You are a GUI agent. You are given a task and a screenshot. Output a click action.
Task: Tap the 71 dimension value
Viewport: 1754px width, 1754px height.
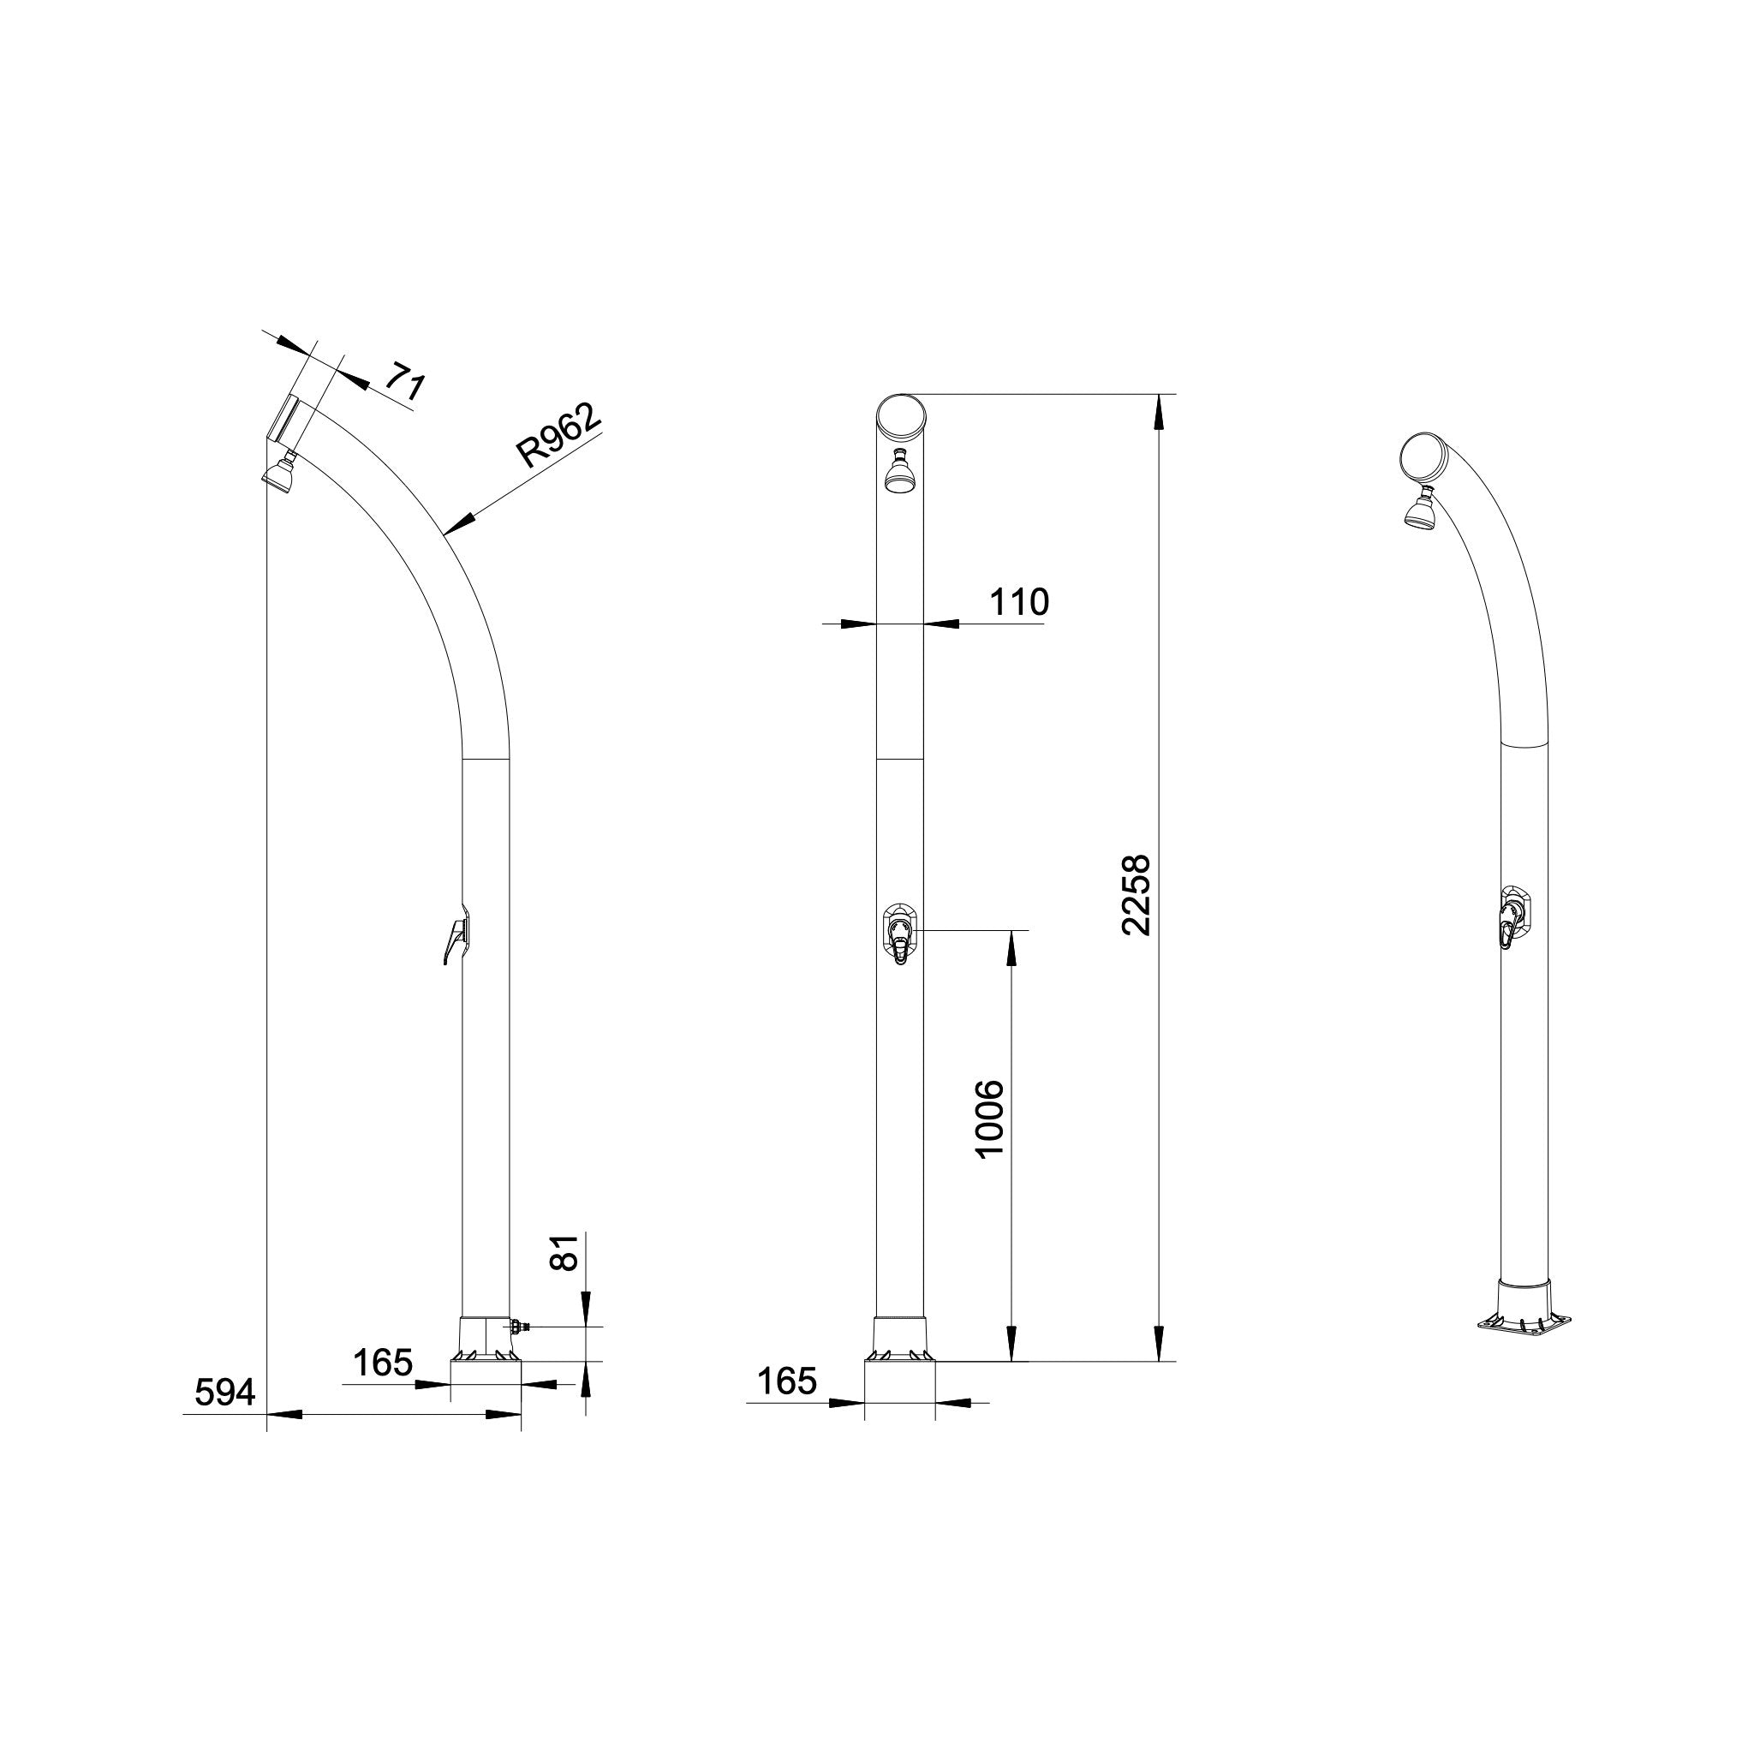(x=404, y=381)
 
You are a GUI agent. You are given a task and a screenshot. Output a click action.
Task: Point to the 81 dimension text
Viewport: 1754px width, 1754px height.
(x=565, y=1253)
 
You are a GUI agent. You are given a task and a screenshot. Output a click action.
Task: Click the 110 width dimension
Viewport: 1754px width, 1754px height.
(x=1018, y=602)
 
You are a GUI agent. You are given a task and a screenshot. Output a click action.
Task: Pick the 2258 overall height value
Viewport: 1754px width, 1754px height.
(x=1136, y=895)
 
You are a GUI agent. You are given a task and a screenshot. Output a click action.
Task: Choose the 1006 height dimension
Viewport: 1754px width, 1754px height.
(x=989, y=1119)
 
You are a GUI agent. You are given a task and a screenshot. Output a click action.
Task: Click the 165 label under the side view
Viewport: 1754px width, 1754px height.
(x=382, y=1363)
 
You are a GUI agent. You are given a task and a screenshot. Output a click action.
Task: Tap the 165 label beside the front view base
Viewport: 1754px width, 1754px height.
(x=787, y=1381)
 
